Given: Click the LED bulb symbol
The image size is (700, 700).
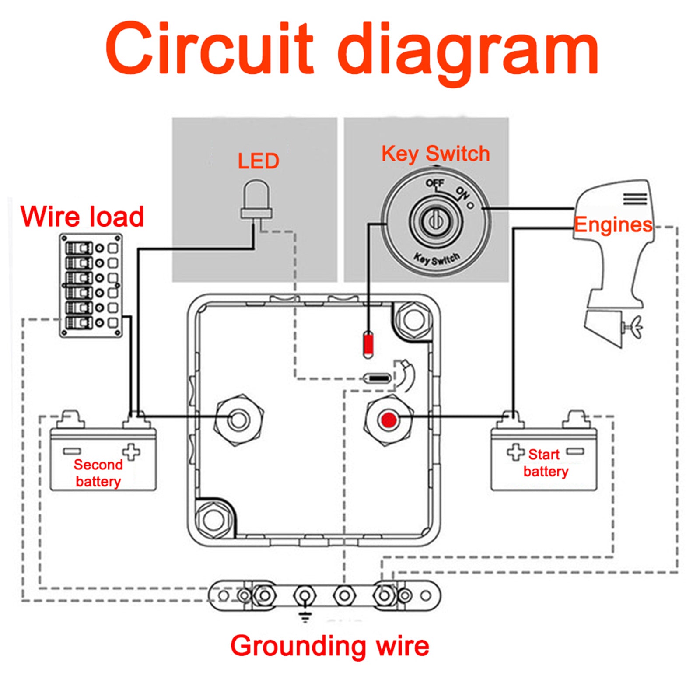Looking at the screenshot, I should [x=256, y=199].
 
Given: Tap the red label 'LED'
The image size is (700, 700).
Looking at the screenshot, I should [x=258, y=161].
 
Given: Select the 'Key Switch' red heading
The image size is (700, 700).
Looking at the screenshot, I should [x=435, y=154].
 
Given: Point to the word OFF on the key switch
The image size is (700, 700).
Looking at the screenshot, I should [x=435, y=183].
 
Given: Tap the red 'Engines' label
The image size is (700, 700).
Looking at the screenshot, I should [x=613, y=225].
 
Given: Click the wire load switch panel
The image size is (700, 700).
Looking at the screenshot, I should [x=91, y=285].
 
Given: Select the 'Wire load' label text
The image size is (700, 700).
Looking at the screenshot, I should [x=82, y=217].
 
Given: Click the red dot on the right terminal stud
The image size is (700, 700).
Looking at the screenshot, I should [x=388, y=420].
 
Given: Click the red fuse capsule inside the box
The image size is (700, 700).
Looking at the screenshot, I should [x=368, y=345].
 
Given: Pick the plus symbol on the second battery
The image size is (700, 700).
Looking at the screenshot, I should [x=131, y=452].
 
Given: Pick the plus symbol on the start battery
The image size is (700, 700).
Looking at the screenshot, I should [x=515, y=452].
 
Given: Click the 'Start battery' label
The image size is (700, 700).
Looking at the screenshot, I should [x=545, y=463].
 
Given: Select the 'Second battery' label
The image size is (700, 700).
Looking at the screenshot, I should [x=98, y=473].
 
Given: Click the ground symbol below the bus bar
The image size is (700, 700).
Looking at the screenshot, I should [x=305, y=617].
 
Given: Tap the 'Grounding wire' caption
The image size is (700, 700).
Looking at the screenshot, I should [x=329, y=646].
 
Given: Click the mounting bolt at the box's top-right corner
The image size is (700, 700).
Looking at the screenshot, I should [x=413, y=320].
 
